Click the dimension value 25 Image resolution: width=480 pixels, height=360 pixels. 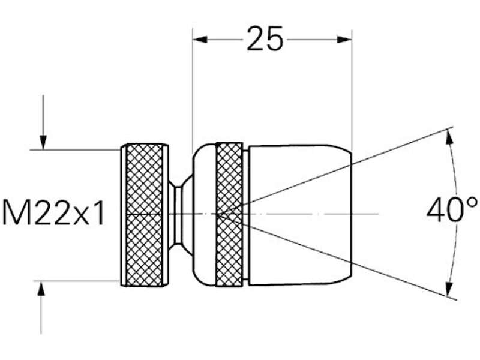point(265,40)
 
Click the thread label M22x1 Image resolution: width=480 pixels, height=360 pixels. point(54,213)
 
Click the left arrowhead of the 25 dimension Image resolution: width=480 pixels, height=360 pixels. point(200,40)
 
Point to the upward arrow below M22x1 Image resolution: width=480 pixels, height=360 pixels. point(41,289)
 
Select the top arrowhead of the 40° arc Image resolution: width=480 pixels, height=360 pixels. point(448,136)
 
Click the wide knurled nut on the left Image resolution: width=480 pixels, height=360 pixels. point(143,214)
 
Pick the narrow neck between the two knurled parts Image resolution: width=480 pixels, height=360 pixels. point(176,214)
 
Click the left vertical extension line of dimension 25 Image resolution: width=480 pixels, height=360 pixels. point(192,90)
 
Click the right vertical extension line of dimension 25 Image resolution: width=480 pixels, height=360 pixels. point(352,90)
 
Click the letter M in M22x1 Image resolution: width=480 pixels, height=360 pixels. point(16,213)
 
